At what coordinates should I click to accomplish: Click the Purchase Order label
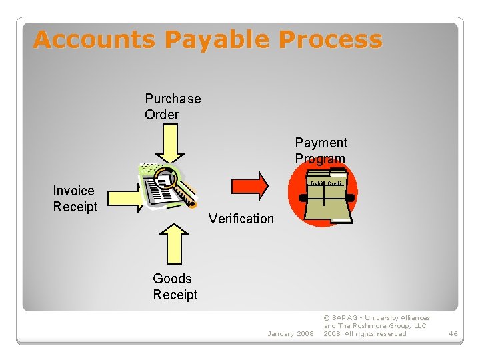click(x=172, y=107)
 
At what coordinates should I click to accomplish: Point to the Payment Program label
click(x=321, y=151)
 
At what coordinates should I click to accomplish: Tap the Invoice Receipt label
click(x=75, y=199)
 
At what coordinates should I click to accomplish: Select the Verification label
click(x=241, y=219)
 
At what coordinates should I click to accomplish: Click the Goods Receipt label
click(x=175, y=287)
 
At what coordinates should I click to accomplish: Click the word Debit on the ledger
click(x=317, y=183)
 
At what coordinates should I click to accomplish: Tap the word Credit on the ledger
click(x=335, y=183)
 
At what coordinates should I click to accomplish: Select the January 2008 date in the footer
click(x=290, y=333)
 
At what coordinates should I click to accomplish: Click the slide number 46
click(x=453, y=333)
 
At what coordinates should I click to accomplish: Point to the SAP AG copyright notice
click(x=377, y=326)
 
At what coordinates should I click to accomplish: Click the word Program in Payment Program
click(x=320, y=159)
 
